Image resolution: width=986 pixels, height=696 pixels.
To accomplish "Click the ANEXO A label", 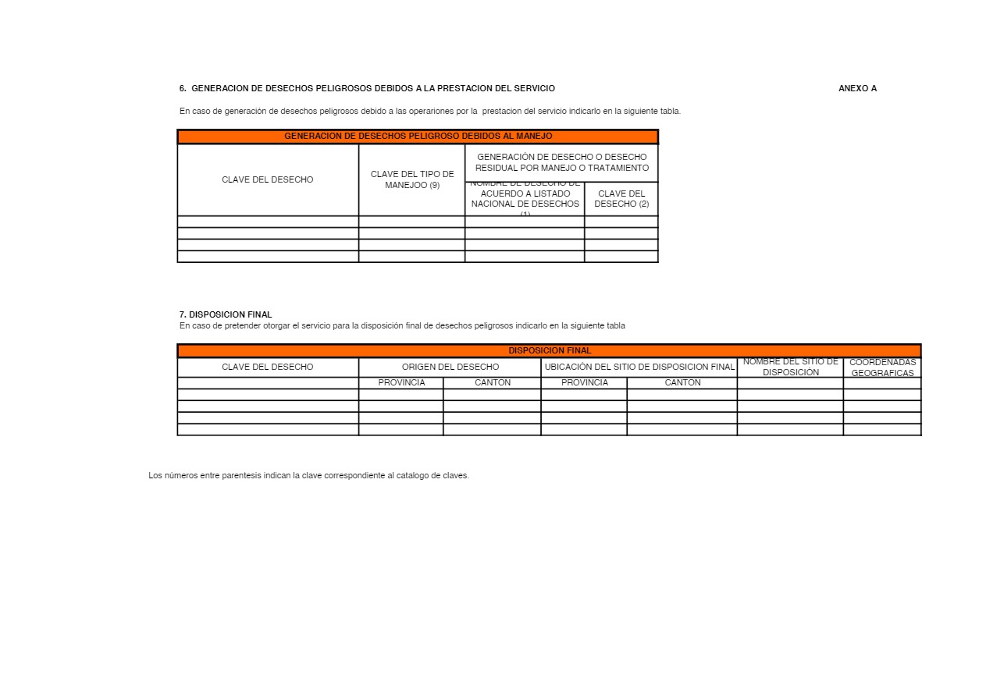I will coord(857,88).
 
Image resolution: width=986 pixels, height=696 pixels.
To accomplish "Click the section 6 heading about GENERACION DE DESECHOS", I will coord(367,88).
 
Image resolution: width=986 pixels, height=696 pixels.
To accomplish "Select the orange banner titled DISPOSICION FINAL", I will coord(550,351).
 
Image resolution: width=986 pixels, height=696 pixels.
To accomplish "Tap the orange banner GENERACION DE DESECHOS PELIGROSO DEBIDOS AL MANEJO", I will coord(418,137).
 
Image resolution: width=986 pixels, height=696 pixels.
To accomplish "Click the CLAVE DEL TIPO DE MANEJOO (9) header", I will coord(411,179).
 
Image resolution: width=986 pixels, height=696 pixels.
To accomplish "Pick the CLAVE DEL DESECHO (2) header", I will coord(621,199).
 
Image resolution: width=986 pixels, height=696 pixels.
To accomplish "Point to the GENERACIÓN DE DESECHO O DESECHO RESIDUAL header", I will coord(562,162).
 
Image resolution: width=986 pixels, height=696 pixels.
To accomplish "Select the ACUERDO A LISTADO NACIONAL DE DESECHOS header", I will coord(525,199).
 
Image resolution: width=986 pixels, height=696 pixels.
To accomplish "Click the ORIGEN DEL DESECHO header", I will coord(450,367).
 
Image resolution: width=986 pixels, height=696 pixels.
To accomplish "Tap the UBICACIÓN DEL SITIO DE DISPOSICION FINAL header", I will coord(639,367).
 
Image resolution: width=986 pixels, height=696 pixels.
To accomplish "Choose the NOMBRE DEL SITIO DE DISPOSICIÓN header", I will coord(790,367).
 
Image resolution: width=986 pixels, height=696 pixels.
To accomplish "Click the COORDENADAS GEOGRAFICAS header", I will coord(882,368).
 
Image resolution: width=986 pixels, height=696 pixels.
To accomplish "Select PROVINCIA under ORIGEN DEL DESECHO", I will coord(401,383).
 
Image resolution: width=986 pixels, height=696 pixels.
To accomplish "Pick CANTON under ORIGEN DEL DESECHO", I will coord(493,383).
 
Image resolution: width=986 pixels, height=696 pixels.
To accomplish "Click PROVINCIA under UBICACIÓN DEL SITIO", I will coord(584,383).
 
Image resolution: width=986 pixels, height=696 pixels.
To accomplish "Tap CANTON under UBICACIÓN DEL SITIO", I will coord(682,383).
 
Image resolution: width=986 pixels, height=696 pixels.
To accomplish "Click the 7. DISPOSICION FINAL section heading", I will coord(226,314).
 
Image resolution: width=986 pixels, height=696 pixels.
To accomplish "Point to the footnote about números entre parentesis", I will coord(308,475).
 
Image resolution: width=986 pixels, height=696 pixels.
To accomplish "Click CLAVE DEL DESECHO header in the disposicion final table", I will coord(268,367).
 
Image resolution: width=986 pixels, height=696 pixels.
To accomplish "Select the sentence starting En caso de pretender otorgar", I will coord(402,325).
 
